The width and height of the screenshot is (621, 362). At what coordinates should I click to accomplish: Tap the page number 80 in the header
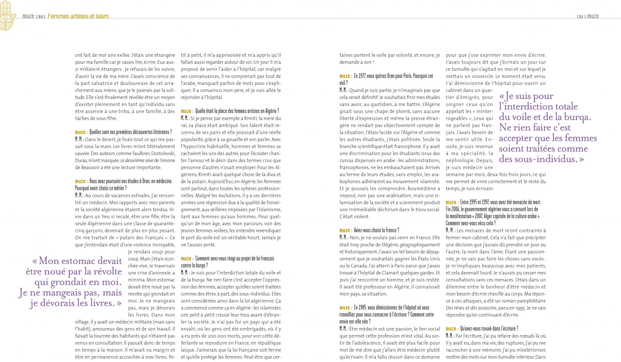click(41, 16)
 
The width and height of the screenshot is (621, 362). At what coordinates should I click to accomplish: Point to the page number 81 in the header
click(581, 16)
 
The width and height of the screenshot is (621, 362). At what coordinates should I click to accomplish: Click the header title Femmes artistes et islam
click(78, 16)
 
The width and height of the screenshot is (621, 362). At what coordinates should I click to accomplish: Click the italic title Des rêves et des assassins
click(471, 308)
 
